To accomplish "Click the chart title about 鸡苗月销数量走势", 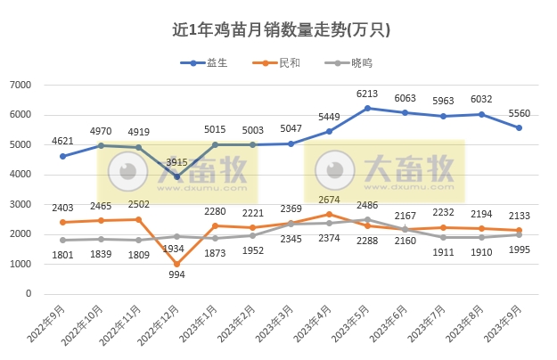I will (x=281, y=29).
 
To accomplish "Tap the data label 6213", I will (x=367, y=94).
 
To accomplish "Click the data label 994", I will (x=176, y=275).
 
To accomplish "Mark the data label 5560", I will (x=520, y=113).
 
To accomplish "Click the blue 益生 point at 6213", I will (x=367, y=108).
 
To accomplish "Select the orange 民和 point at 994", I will (x=176, y=264).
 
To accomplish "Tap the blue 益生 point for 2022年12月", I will (x=176, y=176).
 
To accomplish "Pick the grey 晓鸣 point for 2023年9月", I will (x=520, y=234).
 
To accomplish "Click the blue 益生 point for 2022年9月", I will (x=62, y=156).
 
